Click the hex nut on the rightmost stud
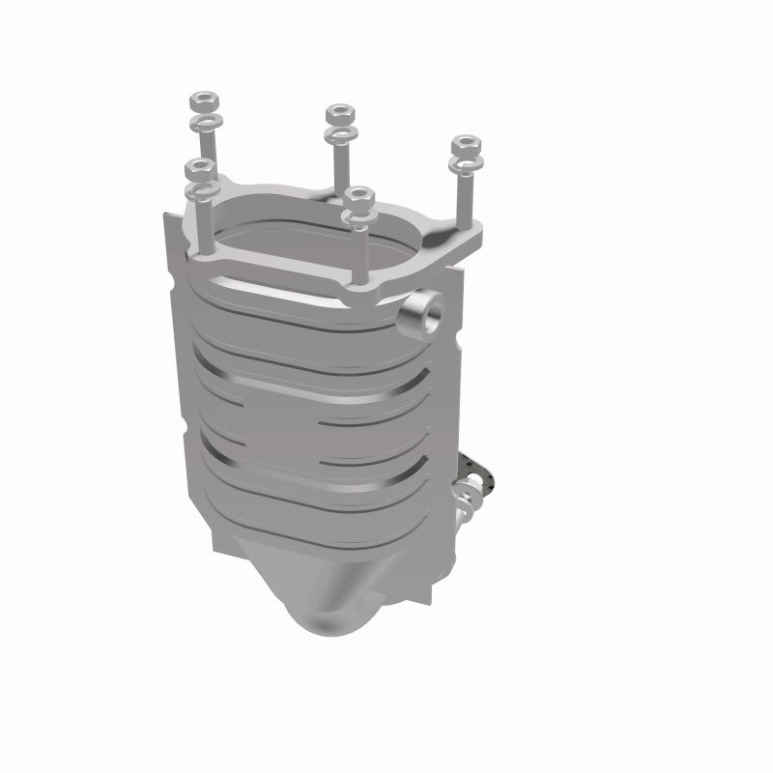point(467,145)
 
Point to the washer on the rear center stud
point(341,133)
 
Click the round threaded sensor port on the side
point(421,314)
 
